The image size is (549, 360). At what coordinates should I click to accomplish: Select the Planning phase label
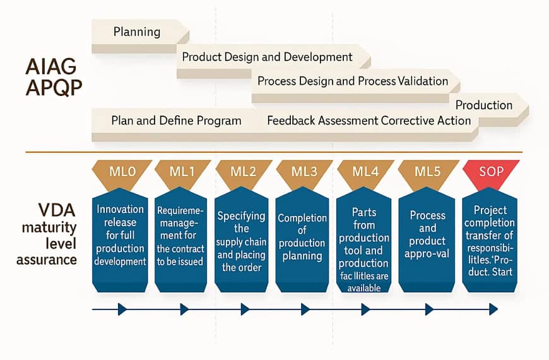point(137,32)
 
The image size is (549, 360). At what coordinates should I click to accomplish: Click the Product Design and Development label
point(267,57)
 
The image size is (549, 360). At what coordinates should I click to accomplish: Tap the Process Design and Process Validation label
point(353,81)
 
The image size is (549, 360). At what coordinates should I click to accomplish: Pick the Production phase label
point(484,105)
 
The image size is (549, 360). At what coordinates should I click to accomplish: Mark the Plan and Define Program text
point(176,121)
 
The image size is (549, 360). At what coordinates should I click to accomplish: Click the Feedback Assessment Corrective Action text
point(369,121)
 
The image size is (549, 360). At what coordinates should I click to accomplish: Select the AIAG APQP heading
point(54,78)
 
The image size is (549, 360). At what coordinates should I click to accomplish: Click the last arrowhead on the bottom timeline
point(493,309)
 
